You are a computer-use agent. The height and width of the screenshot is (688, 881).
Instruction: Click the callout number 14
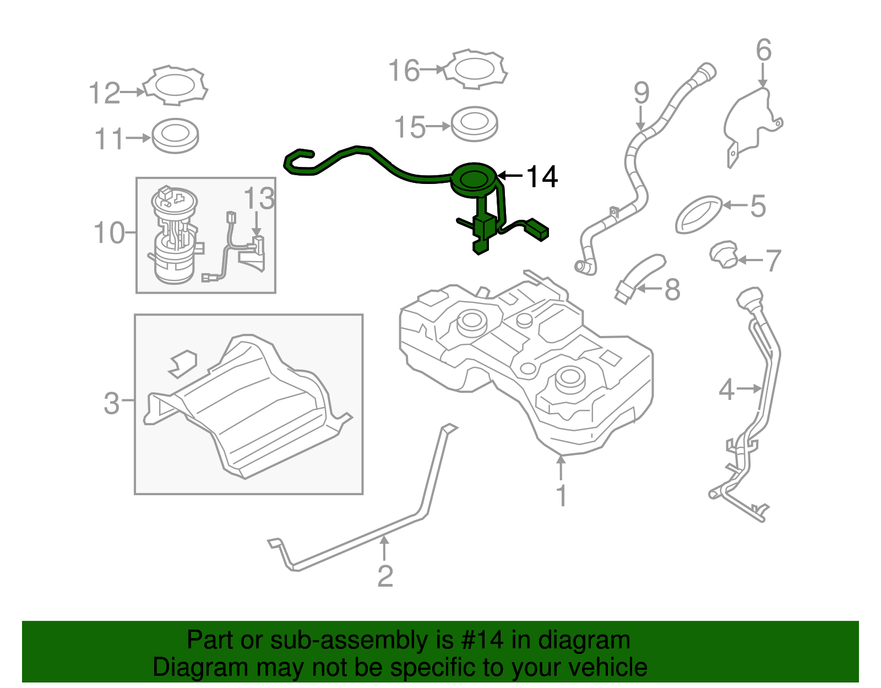pos(542,177)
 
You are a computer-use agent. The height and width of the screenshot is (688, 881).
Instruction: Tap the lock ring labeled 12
pos(175,86)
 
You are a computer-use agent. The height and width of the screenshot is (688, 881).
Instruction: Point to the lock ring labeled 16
pos(475,69)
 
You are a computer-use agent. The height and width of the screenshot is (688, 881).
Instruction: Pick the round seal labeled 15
pos(474,124)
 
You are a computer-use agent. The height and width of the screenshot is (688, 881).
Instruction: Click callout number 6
pos(763,51)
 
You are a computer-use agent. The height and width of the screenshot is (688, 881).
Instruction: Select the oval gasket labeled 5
pos(699,214)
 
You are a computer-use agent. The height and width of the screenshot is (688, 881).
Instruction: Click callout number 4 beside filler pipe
pos(726,390)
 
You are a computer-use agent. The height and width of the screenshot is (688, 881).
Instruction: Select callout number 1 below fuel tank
pos(561,496)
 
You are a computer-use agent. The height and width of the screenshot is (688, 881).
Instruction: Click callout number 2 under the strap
pos(385,576)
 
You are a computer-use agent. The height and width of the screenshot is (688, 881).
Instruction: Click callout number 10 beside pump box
pos(109,233)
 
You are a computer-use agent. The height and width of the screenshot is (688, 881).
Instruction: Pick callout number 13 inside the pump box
pos(259,198)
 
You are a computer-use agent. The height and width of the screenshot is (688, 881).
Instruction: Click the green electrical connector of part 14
pos(536,229)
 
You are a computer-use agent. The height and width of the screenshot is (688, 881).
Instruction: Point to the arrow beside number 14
pos(510,176)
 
